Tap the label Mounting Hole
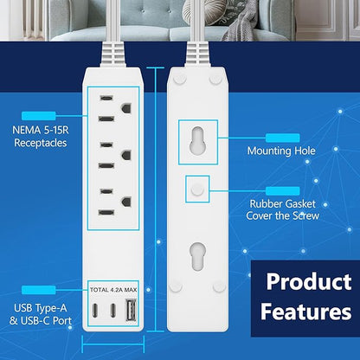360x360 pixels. click(282, 151)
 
